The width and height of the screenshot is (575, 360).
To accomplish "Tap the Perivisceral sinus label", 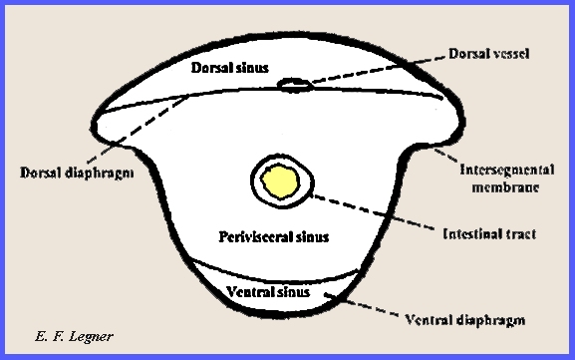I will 273,236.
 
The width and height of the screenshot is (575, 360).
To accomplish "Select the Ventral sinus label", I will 268,293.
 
